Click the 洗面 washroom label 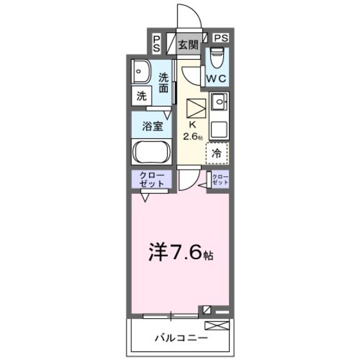pyautogui.click(x=165, y=83)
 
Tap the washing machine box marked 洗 pyautogui.click(x=141, y=96)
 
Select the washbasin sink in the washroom pyautogui.click(x=140, y=71)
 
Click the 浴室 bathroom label pyautogui.click(x=152, y=125)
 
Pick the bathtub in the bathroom pyautogui.click(x=151, y=154)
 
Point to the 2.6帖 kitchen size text pyautogui.click(x=193, y=136)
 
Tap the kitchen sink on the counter pyautogui.click(x=219, y=100)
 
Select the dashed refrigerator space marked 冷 pyautogui.click(x=217, y=153)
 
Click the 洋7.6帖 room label pyautogui.click(x=180, y=254)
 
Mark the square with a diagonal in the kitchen pyautogui.click(x=196, y=107)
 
